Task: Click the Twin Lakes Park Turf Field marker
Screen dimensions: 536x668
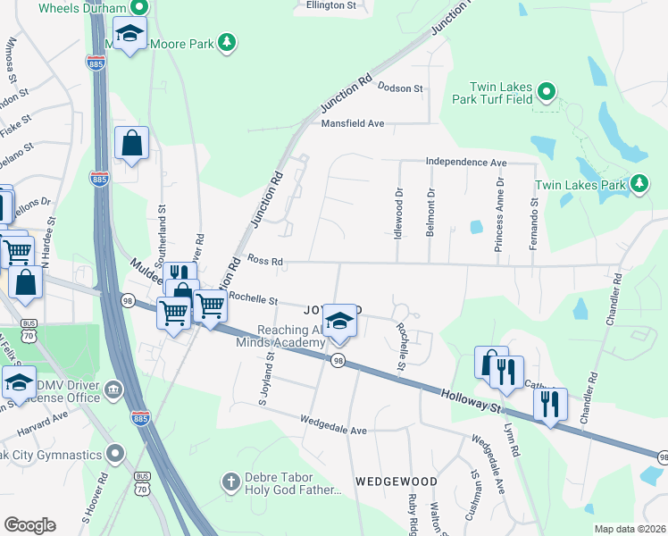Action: [x=547, y=92]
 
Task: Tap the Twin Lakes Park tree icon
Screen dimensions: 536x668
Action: [x=639, y=184]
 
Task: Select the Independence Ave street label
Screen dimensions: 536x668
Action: [x=466, y=163]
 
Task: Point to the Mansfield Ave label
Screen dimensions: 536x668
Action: [x=352, y=123]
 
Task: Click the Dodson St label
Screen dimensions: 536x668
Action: [x=400, y=88]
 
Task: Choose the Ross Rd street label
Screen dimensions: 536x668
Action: [x=265, y=262]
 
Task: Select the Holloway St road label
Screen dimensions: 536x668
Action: [x=469, y=397]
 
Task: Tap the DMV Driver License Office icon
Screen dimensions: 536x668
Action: [x=113, y=389]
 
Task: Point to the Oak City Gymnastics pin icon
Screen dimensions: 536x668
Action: [x=114, y=455]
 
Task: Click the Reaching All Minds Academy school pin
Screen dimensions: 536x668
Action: [x=338, y=321]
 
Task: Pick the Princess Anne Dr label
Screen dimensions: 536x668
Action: [x=500, y=213]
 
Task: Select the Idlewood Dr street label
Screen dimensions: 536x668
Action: [x=399, y=211]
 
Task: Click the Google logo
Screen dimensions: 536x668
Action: [x=29, y=525]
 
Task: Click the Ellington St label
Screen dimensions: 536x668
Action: [x=330, y=5]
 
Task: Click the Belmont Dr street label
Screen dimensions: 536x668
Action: [x=430, y=213]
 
